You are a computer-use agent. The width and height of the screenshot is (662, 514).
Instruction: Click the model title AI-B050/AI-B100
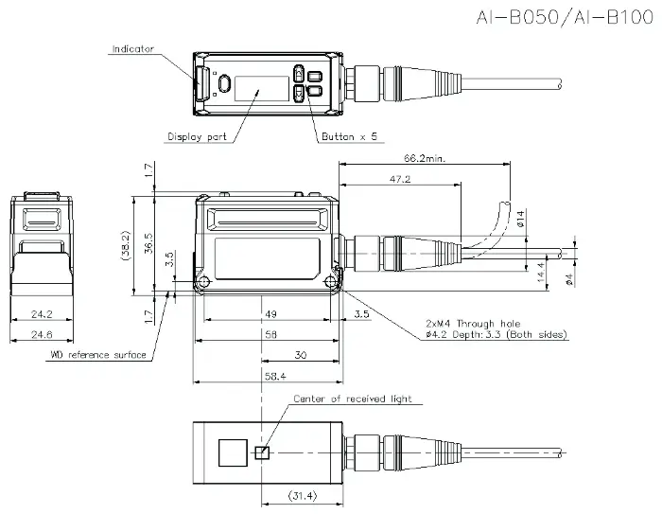pyautogui.click(x=565, y=18)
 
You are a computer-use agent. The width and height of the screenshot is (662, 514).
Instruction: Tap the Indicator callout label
pyautogui.click(x=133, y=49)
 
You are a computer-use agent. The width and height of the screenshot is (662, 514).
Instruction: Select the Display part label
pyautogui.click(x=197, y=136)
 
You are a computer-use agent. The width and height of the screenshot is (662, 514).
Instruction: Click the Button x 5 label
pyautogui.click(x=349, y=136)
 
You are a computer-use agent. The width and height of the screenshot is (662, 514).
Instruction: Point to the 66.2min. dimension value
pyautogui.click(x=425, y=158)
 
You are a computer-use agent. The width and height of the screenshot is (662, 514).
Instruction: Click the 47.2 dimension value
pyautogui.click(x=400, y=179)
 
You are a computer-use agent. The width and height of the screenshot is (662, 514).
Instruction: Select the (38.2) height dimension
pyautogui.click(x=126, y=245)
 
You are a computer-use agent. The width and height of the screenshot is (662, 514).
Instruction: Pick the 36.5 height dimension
pyautogui.click(x=148, y=243)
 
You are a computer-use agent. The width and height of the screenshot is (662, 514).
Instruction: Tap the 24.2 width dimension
pyautogui.click(x=42, y=314)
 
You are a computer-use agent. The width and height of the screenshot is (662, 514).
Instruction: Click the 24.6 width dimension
pyautogui.click(x=42, y=334)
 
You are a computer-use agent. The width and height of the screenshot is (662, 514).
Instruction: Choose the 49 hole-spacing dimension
pyautogui.click(x=270, y=314)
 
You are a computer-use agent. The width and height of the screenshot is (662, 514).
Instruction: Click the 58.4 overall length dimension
pyautogui.click(x=275, y=376)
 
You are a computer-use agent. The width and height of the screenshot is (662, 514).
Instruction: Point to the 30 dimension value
pyautogui.click(x=300, y=355)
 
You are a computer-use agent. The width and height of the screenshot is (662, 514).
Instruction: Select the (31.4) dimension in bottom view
pyautogui.click(x=303, y=495)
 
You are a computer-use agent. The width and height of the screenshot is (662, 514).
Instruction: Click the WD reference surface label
pyautogui.click(x=98, y=355)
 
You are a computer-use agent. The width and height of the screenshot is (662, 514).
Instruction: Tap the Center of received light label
pyautogui.click(x=353, y=399)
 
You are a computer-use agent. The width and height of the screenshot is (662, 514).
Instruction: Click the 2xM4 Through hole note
pyautogui.click(x=473, y=324)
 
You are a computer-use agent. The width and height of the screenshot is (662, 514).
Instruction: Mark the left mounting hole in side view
pyautogui.click(x=204, y=281)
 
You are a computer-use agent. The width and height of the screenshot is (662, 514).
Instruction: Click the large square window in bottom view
pyautogui.click(x=233, y=452)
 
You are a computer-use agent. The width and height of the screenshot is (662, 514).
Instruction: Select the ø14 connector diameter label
pyautogui.click(x=520, y=219)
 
